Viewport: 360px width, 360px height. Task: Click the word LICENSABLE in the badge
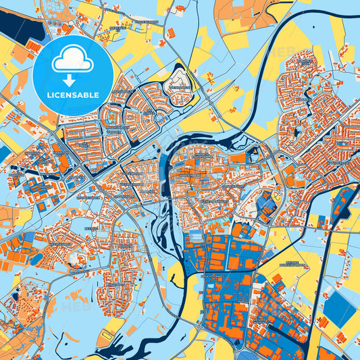coord(73,94)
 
